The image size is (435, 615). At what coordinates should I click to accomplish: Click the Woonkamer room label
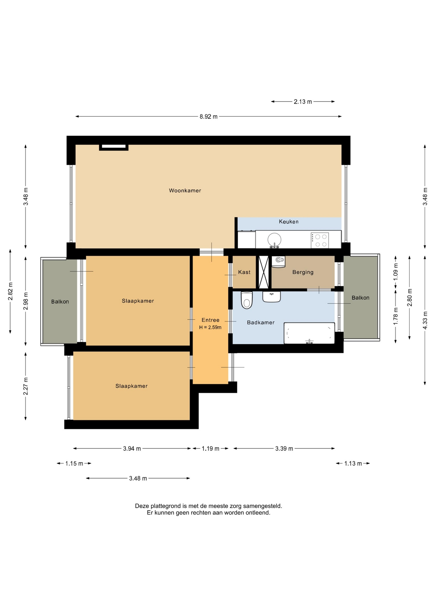(185, 191)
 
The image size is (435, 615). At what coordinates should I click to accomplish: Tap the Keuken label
(289, 222)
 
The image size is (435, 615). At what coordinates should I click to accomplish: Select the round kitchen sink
(275, 240)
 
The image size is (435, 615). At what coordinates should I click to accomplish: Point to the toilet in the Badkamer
(247, 300)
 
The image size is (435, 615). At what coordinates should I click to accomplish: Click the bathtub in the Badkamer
(309, 333)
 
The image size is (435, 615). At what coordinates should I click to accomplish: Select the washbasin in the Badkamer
(272, 297)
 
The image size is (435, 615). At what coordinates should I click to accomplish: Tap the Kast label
(244, 272)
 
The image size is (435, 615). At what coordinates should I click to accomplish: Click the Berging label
(303, 272)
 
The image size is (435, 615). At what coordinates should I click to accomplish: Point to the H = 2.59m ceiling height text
(210, 327)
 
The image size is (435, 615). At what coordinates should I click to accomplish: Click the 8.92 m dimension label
(209, 117)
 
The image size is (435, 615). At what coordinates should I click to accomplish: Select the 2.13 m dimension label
(303, 102)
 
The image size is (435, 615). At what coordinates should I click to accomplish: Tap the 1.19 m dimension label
(210, 448)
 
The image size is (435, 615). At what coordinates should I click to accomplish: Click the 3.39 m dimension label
(284, 448)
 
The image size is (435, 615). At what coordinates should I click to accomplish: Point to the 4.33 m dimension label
(425, 320)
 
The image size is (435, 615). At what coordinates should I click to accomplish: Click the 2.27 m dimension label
(26, 386)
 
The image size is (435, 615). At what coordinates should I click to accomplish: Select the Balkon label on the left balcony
(60, 302)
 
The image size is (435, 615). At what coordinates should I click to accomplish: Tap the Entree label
(210, 320)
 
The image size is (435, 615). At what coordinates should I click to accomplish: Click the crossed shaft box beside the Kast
(264, 272)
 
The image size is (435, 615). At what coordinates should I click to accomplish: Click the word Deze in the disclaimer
(142, 506)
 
